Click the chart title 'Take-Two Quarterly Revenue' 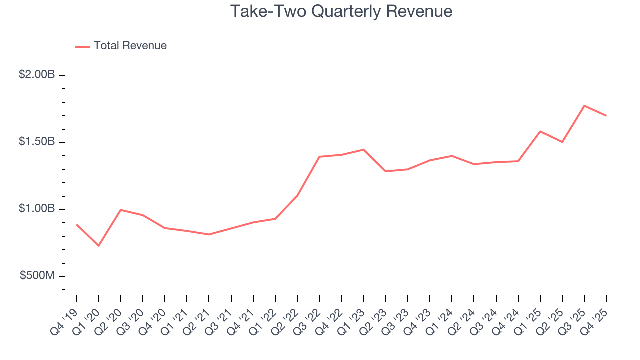click(x=341, y=11)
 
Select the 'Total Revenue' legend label click(x=130, y=46)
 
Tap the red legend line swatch click(x=82, y=46)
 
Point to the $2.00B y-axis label click(x=37, y=75)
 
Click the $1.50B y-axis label click(x=37, y=142)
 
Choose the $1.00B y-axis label click(x=37, y=209)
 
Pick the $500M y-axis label click(x=38, y=276)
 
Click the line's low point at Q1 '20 click(x=99, y=246)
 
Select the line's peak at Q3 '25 click(x=584, y=106)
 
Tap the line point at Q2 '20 click(x=121, y=210)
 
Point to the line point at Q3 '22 click(x=319, y=157)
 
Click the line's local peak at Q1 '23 click(x=363, y=150)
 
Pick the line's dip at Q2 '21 click(x=209, y=234)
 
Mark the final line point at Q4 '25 click(x=606, y=116)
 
